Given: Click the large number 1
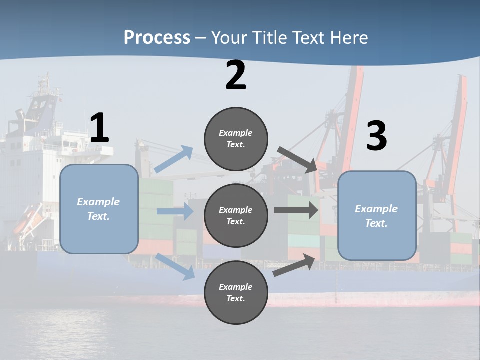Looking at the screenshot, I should click(x=99, y=128).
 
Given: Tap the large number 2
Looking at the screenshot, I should click(x=236, y=75).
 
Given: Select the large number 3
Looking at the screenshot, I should click(x=376, y=136).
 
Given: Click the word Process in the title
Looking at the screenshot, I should click(x=157, y=37).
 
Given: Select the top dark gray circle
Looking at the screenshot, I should click(x=236, y=139).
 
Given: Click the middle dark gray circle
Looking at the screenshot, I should click(x=236, y=215).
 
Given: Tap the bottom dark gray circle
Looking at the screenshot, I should click(x=236, y=292).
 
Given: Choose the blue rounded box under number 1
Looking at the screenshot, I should click(x=99, y=209).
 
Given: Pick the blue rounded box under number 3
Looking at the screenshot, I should click(x=376, y=215).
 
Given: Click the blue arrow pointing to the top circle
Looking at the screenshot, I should click(x=173, y=159).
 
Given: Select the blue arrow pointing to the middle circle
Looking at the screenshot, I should click(x=175, y=211).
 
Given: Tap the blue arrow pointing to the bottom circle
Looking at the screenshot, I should click(x=175, y=266).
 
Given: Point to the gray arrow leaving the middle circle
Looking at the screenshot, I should click(x=296, y=210).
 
